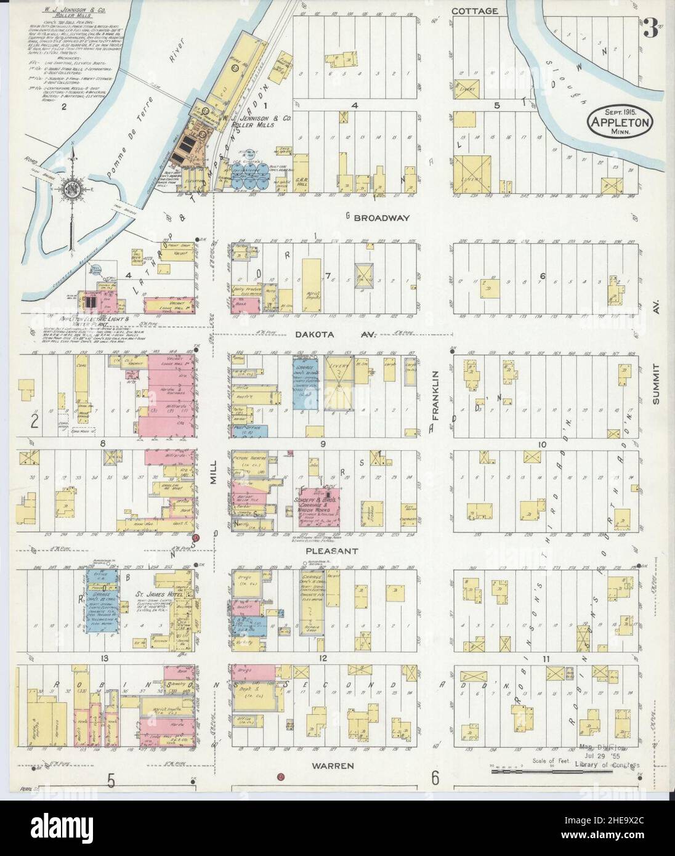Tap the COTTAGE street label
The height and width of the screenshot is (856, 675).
click(474, 11)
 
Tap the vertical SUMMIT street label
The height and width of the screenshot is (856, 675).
click(657, 383)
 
